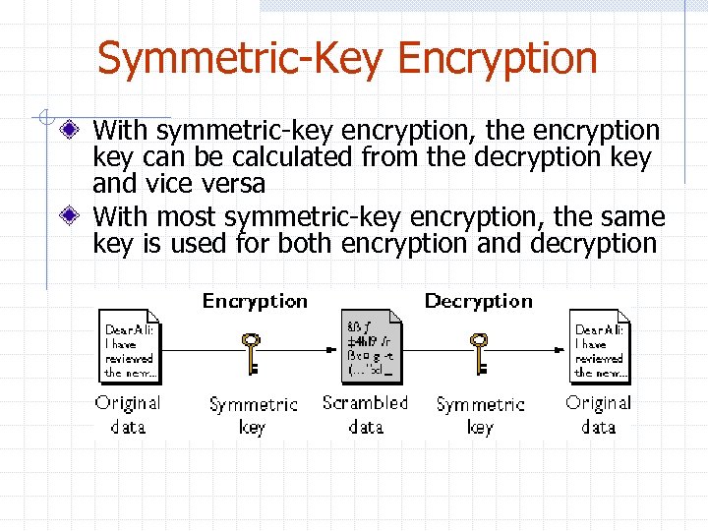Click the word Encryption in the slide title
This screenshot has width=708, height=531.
(x=498, y=59)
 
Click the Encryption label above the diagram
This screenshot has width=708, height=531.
(x=255, y=301)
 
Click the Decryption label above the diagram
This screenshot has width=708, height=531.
(x=478, y=301)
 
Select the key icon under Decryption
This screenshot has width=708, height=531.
(x=479, y=353)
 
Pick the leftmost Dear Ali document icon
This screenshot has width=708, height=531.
(x=129, y=345)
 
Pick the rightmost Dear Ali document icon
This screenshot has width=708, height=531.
(x=600, y=345)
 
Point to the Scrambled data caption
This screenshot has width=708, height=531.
(x=365, y=414)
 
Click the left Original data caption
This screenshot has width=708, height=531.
(x=128, y=414)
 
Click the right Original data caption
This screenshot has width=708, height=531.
(x=598, y=414)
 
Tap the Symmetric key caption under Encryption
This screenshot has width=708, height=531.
(x=253, y=415)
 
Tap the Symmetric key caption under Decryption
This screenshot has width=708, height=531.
(x=480, y=415)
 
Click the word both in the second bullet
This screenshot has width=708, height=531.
(x=310, y=243)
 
